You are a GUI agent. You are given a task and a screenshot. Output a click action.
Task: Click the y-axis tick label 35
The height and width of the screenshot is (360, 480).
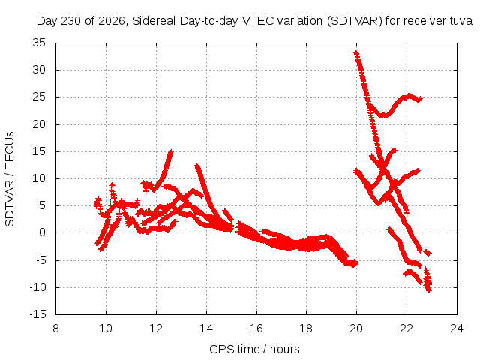coord(39,43)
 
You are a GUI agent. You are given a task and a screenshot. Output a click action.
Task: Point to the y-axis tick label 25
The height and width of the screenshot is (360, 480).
coord(39,97)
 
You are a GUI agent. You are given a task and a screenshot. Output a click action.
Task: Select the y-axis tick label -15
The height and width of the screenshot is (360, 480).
coord(38,314)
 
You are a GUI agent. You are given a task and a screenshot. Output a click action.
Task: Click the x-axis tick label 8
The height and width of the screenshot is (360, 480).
coord(55,328)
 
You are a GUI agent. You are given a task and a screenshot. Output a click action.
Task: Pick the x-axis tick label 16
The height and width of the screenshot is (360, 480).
coord(256,328)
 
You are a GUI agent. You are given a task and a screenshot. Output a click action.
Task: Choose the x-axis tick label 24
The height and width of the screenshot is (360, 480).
coord(457,328)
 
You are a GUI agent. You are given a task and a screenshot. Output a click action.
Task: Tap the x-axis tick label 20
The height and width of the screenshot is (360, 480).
coord(356,328)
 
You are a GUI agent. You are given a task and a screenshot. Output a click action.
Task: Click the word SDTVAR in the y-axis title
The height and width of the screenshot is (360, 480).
coord(10,203)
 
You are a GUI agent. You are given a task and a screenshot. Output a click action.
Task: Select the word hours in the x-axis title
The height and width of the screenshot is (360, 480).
coord(285,349)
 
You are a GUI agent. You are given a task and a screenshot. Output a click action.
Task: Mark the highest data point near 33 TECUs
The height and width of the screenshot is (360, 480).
coord(356,54)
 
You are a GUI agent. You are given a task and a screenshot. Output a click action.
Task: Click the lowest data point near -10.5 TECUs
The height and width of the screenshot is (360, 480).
coord(428,290)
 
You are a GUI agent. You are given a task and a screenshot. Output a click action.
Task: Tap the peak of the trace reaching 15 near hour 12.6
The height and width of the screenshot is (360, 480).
coord(171,151)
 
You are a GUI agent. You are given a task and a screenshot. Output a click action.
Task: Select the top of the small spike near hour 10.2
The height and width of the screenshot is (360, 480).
coord(112,185)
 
